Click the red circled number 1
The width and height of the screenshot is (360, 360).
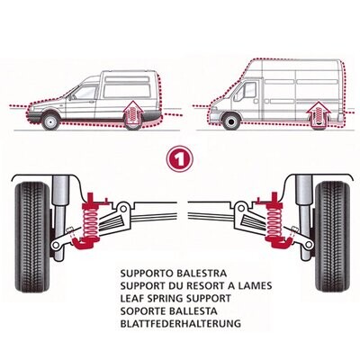pyautogui.click(x=179, y=157)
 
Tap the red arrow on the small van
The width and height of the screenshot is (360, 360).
pyautogui.click(x=133, y=113)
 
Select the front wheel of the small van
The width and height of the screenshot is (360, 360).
pyautogui.click(x=51, y=120)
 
